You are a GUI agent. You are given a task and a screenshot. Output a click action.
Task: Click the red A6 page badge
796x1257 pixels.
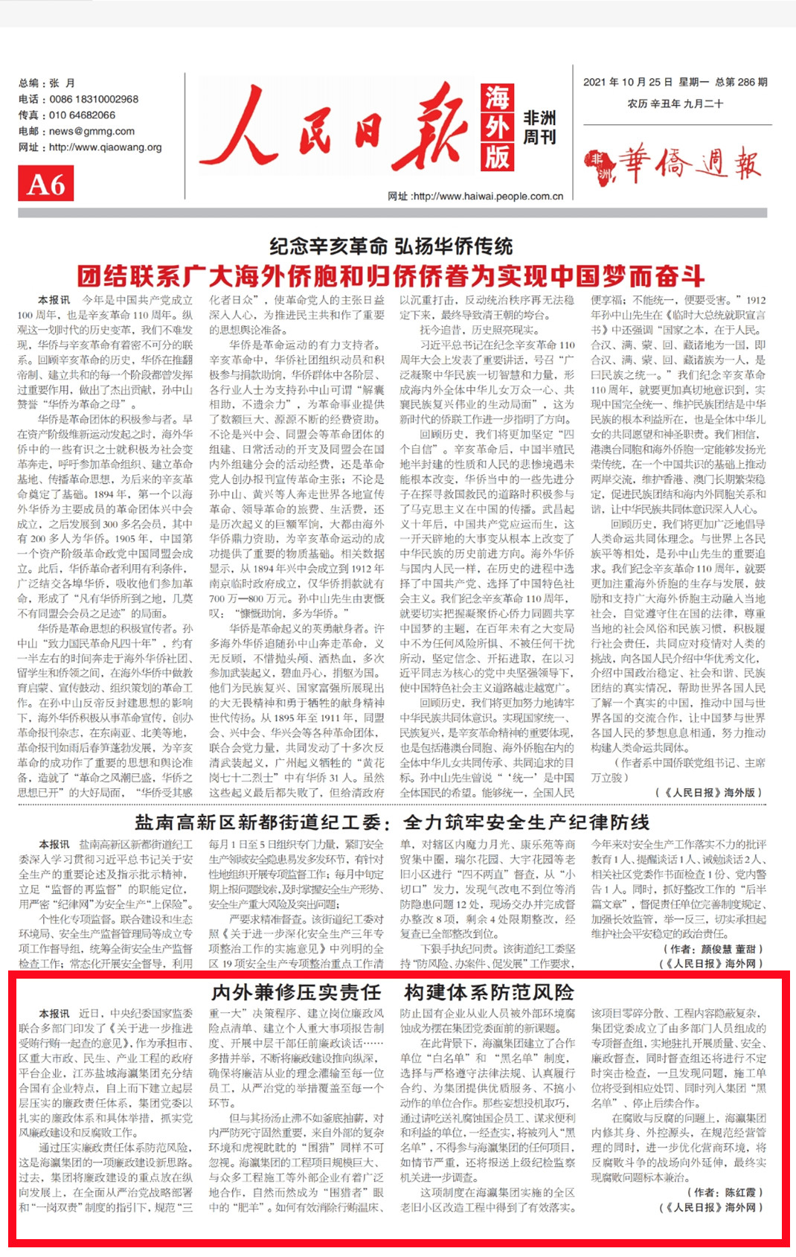click(x=45, y=184)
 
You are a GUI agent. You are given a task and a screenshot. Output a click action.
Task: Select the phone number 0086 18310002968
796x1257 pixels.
click(x=94, y=99)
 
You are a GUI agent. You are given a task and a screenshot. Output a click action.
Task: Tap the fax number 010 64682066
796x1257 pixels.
click(x=82, y=115)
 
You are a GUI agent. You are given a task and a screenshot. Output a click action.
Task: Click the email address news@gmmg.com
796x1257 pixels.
click(x=92, y=131)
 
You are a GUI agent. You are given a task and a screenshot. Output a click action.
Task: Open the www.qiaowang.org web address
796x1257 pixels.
click(x=105, y=147)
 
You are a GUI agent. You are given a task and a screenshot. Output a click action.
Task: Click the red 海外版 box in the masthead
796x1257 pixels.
click(x=497, y=127)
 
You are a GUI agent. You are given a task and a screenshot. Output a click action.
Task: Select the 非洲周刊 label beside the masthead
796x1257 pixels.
click(x=539, y=127)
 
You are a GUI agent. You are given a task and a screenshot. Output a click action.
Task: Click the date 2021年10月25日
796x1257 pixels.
click(x=628, y=82)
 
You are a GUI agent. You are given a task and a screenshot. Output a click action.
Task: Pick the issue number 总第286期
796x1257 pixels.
click(x=741, y=82)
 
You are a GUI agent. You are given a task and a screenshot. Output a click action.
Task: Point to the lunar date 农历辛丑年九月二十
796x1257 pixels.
click(x=675, y=103)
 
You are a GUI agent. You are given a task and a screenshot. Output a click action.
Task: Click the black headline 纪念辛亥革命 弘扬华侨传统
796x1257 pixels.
click(x=391, y=246)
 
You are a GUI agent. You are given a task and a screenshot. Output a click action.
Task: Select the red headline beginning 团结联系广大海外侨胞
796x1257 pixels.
click(x=391, y=277)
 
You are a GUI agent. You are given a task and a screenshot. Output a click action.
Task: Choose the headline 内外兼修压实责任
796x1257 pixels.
click(x=296, y=992)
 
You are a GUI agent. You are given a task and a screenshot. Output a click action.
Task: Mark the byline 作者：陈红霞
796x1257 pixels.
click(x=724, y=1192)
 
